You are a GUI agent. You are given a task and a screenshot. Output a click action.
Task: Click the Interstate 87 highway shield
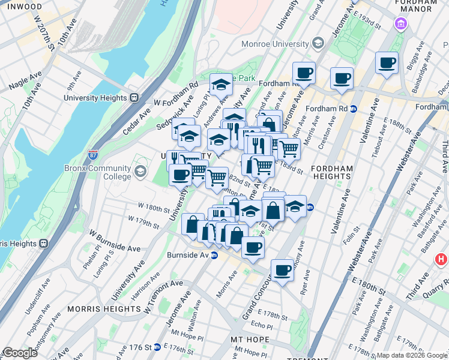point(93,154)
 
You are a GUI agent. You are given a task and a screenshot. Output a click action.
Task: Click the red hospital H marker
point(441,260)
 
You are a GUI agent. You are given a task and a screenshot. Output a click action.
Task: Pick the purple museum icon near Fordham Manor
point(400,25)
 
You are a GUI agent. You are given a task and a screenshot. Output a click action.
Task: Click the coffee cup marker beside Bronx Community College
point(180,175)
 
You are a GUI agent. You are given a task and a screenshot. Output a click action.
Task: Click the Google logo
point(20,353)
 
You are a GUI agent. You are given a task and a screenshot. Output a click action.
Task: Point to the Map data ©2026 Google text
point(412,355)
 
